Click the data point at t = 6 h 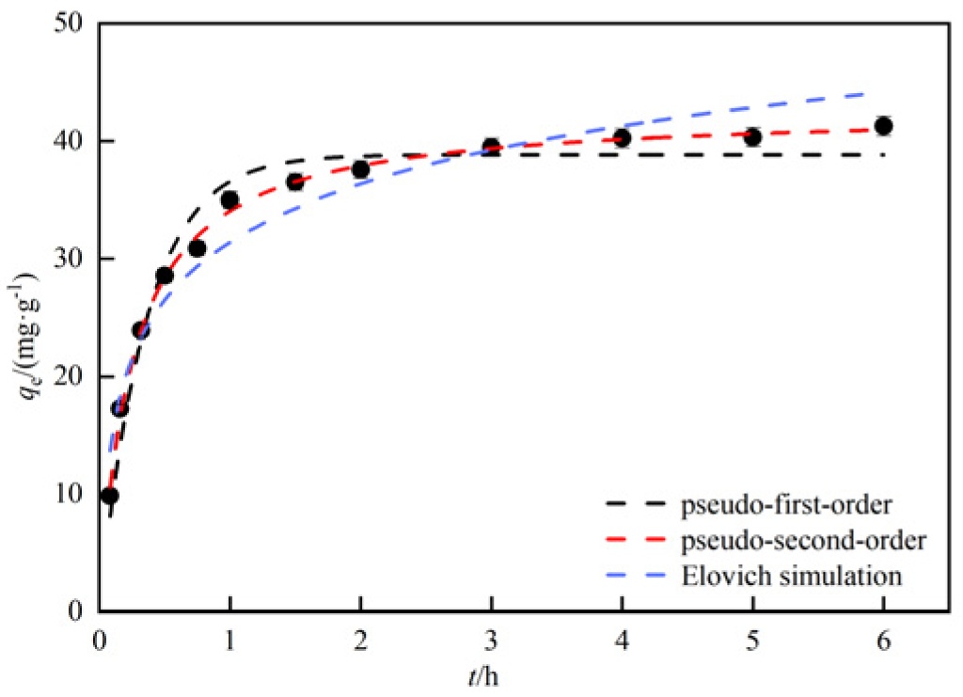[883, 126]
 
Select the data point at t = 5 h [752, 136]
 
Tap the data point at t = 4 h [622, 137]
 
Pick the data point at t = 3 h [491, 147]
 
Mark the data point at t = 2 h [360, 169]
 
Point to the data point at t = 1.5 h [295, 182]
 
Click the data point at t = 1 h [229, 199]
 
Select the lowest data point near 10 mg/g [109, 496]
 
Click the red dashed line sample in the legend [639, 543]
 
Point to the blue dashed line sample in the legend [639, 576]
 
